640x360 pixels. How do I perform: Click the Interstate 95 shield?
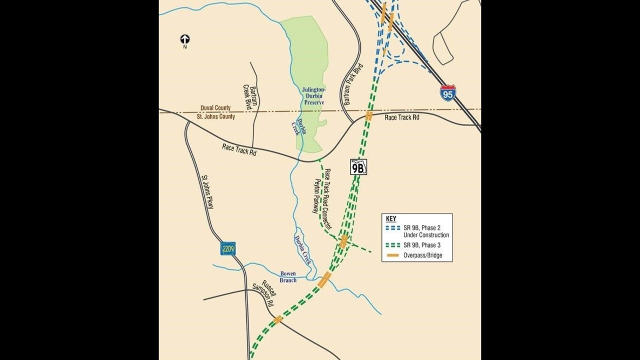(448, 93)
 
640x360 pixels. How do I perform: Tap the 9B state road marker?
(358, 167)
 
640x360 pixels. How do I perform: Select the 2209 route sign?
(228, 248)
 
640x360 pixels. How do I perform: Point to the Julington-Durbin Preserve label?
(313, 96)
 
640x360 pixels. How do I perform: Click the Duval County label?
(216, 108)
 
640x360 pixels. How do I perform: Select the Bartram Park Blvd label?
(352, 84)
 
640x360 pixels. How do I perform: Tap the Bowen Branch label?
(288, 277)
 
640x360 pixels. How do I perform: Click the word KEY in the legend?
(391, 219)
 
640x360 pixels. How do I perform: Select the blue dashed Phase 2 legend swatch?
(393, 227)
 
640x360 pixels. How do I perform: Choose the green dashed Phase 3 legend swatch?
(393, 245)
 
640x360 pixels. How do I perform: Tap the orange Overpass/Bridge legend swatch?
(393, 255)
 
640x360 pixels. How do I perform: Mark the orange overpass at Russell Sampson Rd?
(277, 319)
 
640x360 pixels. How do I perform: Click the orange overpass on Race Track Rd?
(369, 116)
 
